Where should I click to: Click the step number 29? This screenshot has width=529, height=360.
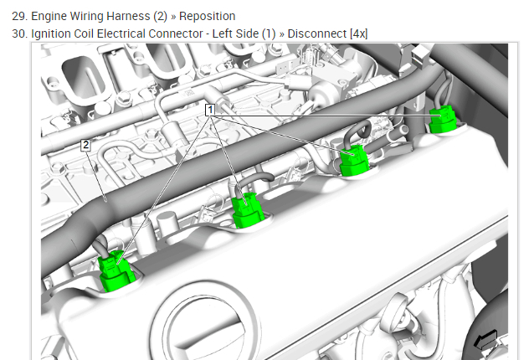pyautogui.click(x=18, y=16)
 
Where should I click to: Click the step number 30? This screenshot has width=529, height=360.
pyautogui.click(x=18, y=33)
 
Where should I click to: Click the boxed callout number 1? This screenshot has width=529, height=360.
pyautogui.click(x=210, y=110)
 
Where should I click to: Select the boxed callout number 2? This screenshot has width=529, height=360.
pyautogui.click(x=85, y=145)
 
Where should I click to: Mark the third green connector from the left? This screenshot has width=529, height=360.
pyautogui.click(x=354, y=160)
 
